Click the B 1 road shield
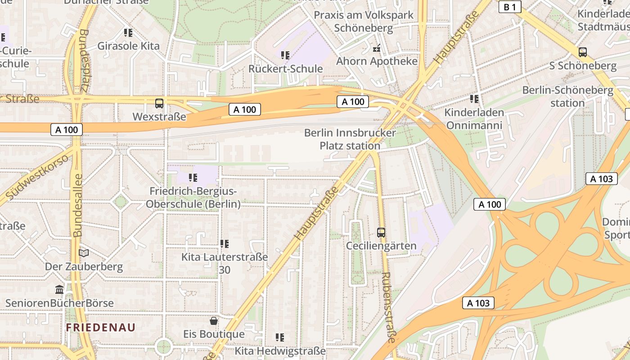tap(509, 7)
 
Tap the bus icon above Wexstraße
tap(159, 103)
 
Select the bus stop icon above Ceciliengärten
tap(381, 232)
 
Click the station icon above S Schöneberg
tap(583, 52)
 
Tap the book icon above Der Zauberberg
tap(84, 253)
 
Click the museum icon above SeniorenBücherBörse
tap(59, 289)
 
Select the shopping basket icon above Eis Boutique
tap(214, 320)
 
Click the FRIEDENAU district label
tap(101, 327)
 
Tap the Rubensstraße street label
tap(387, 307)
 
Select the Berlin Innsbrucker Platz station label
tap(350, 139)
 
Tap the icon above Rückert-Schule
tap(285, 55)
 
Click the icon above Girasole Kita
tap(128, 32)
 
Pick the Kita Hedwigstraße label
tap(280, 351)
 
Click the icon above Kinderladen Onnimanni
tap(474, 98)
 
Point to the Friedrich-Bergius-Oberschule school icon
tap(193, 177)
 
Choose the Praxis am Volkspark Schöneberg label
tap(363, 21)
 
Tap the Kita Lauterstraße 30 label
tap(225, 263)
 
